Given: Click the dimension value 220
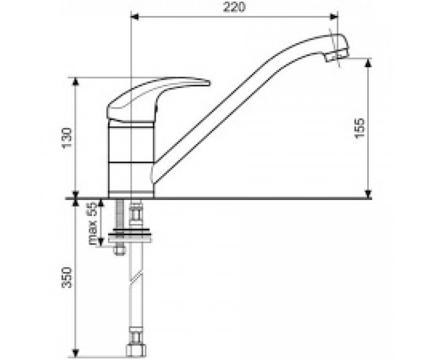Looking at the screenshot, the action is [234, 7].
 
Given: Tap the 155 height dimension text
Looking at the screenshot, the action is [360, 128].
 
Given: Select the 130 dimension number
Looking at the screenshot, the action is [67, 138].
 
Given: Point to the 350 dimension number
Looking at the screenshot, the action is [67, 277].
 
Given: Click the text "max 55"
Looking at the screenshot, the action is [93, 223].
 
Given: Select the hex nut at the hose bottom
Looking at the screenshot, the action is [136, 351].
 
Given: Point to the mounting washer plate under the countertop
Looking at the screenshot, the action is [130, 238].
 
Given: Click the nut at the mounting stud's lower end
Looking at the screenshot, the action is [120, 250].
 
